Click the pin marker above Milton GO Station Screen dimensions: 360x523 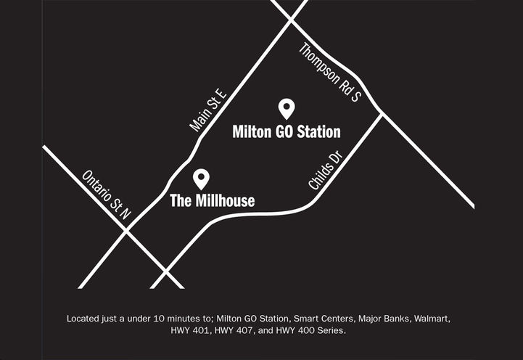(287, 109)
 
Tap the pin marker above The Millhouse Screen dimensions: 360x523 (201, 178)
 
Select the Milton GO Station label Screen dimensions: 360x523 (287, 132)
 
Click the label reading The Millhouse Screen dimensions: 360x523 (212, 200)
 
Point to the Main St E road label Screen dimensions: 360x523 (209, 110)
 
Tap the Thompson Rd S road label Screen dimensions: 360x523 (330, 72)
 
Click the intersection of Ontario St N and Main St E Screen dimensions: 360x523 (127, 229)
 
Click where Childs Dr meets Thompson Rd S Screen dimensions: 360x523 (382, 113)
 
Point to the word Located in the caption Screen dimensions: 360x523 (84, 319)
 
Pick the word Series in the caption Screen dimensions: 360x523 (331, 331)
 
